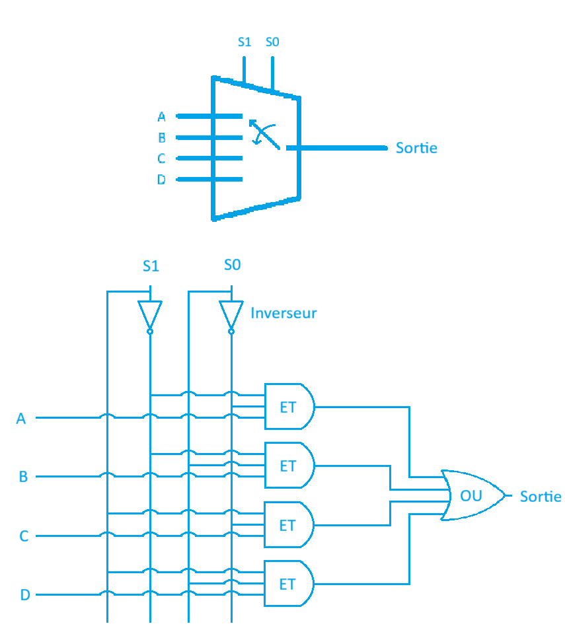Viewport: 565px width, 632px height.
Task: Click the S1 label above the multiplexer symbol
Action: coord(244,42)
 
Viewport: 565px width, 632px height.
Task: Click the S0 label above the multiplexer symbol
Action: coord(272,42)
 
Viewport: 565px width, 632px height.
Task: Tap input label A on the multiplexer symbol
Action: coord(161,117)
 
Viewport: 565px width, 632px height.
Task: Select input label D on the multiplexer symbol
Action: coord(161,180)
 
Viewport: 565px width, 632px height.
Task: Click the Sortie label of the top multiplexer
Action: coord(416,148)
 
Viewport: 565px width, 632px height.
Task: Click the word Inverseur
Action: coord(283,313)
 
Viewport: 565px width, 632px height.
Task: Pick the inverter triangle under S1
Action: coord(150,314)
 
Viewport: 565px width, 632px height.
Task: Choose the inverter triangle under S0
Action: coord(231,314)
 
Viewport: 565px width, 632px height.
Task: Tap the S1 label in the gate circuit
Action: coord(151,266)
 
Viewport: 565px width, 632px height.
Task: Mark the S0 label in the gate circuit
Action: coord(232,265)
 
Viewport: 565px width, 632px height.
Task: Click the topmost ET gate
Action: coord(289,407)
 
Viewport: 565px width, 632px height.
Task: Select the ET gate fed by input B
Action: coord(289,466)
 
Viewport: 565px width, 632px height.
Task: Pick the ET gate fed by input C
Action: coord(289,525)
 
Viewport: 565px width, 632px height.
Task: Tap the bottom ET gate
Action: coord(289,584)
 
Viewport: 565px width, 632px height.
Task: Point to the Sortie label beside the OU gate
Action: coord(541,496)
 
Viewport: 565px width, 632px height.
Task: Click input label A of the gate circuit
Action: coord(21,418)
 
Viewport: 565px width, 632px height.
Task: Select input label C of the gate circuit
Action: coord(24,536)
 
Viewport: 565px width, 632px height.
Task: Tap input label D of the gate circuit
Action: coord(24,595)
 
